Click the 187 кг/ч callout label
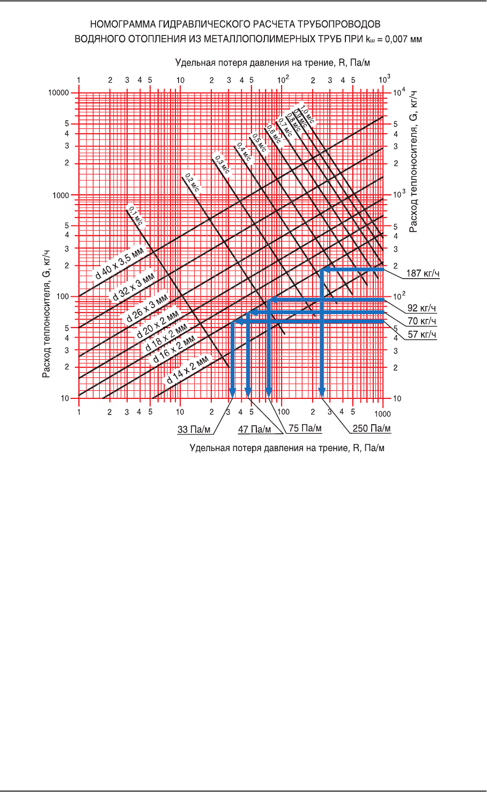(x=423, y=274)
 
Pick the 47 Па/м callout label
(x=254, y=430)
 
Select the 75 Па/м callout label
(x=305, y=428)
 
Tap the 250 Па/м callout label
(x=372, y=428)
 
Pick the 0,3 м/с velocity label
(x=222, y=165)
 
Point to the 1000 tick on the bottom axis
(x=382, y=413)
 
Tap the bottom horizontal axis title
(x=287, y=448)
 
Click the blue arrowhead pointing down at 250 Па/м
(x=322, y=393)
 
